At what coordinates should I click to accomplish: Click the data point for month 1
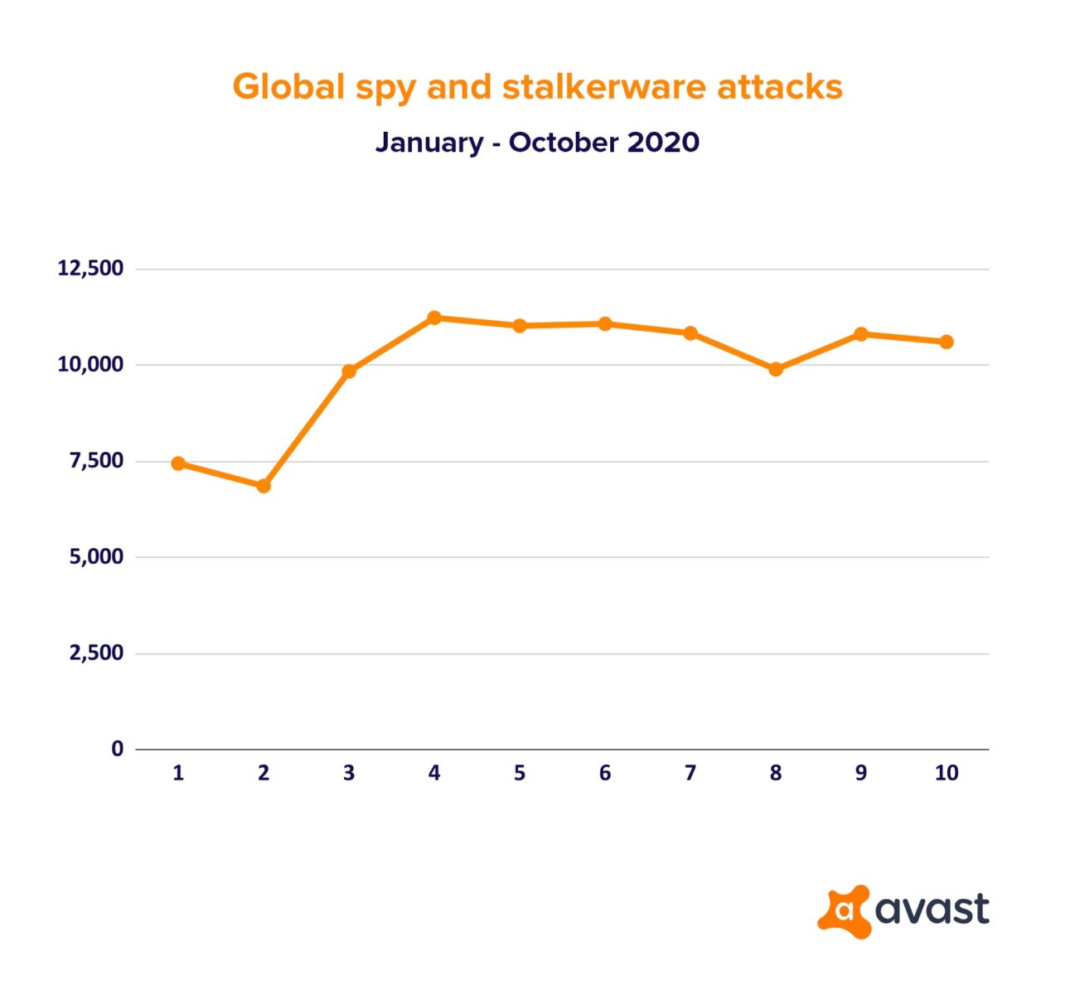click(178, 464)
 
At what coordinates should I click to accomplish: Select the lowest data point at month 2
click(264, 486)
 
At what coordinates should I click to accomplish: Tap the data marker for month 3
click(349, 371)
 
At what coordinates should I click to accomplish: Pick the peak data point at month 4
click(434, 318)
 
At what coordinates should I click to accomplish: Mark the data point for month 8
click(776, 370)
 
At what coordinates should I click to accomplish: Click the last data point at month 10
click(947, 342)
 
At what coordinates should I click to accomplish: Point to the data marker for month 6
click(605, 323)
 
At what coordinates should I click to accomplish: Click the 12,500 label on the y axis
click(90, 269)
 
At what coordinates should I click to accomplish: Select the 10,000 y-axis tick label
click(90, 365)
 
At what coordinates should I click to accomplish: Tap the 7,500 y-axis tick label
click(96, 461)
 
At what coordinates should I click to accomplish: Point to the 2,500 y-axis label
click(96, 653)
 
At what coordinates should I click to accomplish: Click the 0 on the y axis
click(117, 749)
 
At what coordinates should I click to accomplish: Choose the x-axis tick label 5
click(520, 774)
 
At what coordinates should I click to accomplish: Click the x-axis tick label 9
click(861, 774)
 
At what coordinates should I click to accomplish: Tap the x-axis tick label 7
click(690, 774)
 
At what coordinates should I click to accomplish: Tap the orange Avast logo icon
click(844, 911)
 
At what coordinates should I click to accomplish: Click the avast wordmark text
click(932, 910)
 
